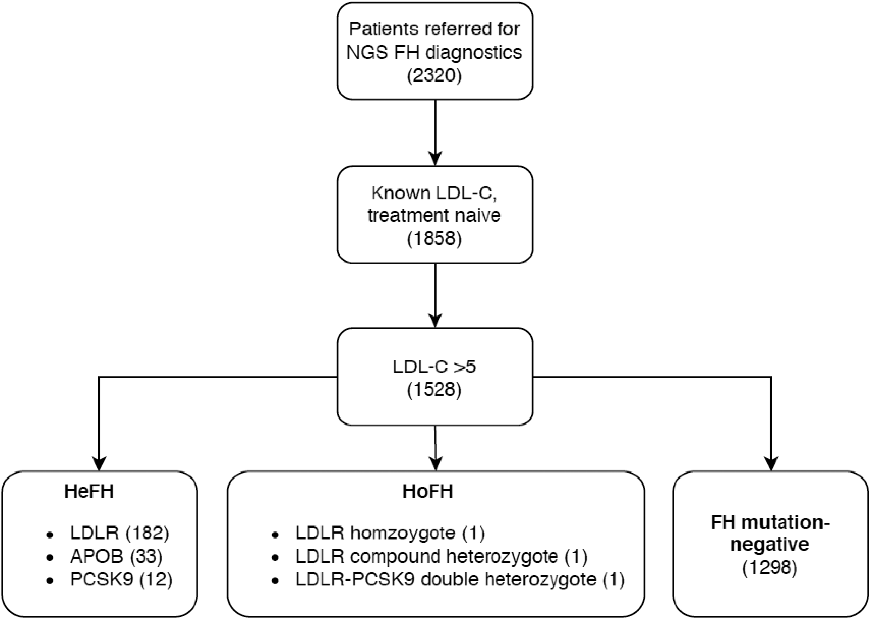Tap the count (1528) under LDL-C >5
pyautogui.click(x=434, y=390)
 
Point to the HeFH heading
pyautogui.click(x=89, y=492)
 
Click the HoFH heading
pyautogui.click(x=428, y=492)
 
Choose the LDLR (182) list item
pyautogui.click(x=119, y=533)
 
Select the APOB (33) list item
pyautogui.click(x=116, y=557)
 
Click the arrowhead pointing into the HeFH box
pyautogui.click(x=99, y=463)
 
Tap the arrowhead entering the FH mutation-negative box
pyautogui.click(x=771, y=463)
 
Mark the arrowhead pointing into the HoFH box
pyautogui.click(x=435, y=463)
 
